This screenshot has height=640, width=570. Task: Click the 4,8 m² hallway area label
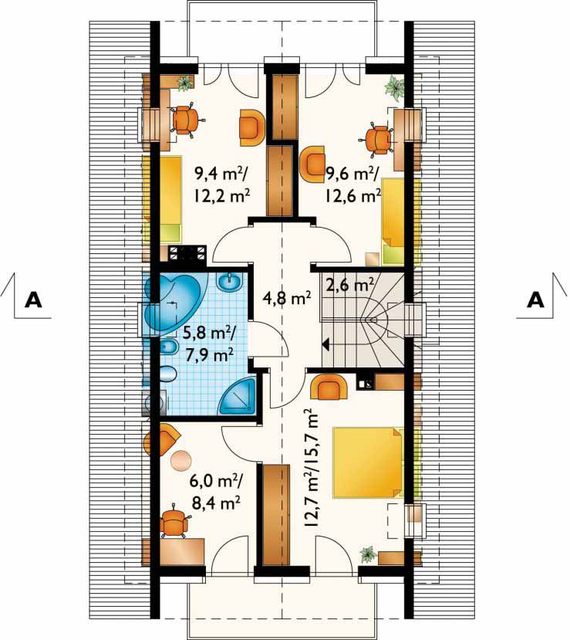[x=288, y=299]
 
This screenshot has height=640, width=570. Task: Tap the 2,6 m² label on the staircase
[x=350, y=285]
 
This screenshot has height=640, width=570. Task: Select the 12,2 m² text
[x=222, y=197]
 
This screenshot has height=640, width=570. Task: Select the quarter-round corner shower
[x=238, y=396]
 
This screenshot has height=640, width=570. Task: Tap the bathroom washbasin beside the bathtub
[x=231, y=282]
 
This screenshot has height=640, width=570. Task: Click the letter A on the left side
[x=33, y=300]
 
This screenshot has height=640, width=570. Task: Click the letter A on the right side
[x=535, y=300]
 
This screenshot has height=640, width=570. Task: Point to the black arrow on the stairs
[x=326, y=344]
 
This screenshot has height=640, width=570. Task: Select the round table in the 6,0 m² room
[x=180, y=460]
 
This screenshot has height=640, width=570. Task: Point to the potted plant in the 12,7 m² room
[x=369, y=555]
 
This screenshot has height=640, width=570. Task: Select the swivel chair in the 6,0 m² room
[x=174, y=522]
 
